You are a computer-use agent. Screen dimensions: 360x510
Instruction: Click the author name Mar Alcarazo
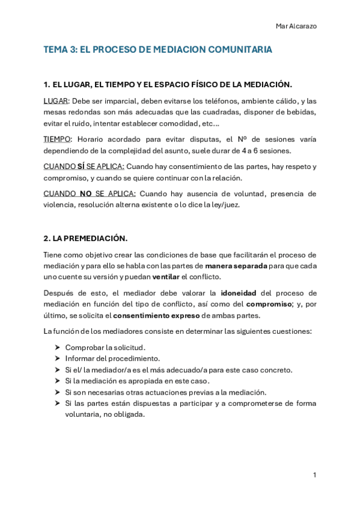click(x=297, y=26)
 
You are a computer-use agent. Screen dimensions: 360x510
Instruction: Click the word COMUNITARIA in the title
click(x=236, y=51)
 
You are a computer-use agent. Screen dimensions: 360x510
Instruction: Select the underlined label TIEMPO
click(x=58, y=139)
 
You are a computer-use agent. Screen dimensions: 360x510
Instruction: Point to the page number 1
click(x=314, y=475)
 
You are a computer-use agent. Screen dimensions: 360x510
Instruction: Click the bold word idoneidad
click(x=238, y=293)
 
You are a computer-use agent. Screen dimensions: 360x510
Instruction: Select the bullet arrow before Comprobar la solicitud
click(x=56, y=348)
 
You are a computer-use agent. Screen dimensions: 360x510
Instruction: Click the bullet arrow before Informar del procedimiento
click(x=56, y=358)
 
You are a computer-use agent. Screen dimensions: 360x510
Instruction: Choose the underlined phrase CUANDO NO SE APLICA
click(x=90, y=194)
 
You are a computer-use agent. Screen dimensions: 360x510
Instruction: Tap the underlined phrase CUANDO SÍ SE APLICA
click(x=84, y=166)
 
